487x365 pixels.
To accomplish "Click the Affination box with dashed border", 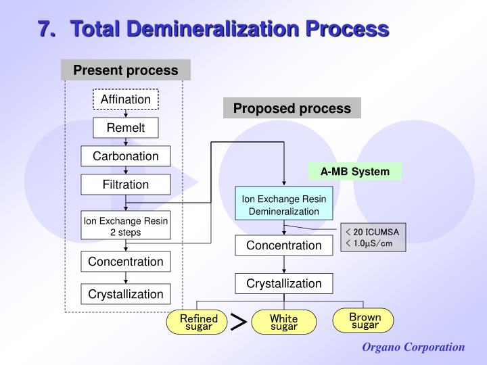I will pos(126,99).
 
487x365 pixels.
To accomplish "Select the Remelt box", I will pos(126,128).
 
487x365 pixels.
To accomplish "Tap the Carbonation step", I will pos(126,156).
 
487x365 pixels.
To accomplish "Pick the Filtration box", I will pos(126,185).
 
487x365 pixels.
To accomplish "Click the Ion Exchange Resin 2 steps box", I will pos(126,226).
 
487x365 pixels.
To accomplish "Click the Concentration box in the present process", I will pos(126,261).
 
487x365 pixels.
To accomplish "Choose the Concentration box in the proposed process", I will pos(284,245).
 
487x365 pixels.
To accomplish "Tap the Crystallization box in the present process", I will pos(126,294).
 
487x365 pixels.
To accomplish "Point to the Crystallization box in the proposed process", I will pos(284,283).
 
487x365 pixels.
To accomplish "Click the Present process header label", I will pos(126,70).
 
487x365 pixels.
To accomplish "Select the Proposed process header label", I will pos(292,108).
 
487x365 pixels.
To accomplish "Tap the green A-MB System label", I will pos(355,172).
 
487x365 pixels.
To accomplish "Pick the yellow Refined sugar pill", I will pos(199,322).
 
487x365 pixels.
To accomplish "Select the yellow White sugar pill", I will pos(284,322).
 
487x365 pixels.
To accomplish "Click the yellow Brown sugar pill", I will pos(365,321).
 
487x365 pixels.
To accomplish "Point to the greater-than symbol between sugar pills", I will pos(239,323).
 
